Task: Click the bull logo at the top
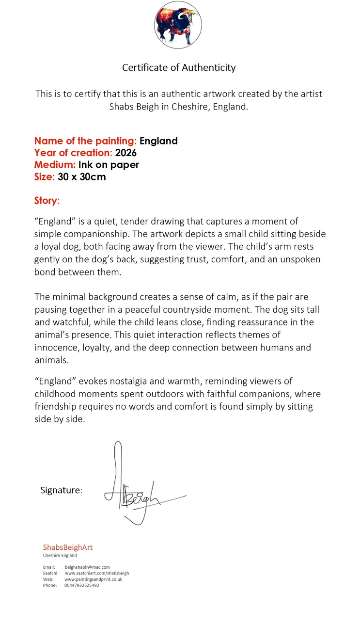tap(178, 25)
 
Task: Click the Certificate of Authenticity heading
tap(179, 67)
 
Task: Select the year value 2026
tap(126, 153)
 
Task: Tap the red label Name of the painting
tap(84, 141)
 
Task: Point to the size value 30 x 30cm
tap(81, 176)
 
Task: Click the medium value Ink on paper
tap(109, 165)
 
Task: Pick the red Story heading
tap(46, 200)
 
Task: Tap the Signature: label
tap(61, 490)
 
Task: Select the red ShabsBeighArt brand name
tap(67, 547)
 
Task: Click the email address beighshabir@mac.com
tap(87, 567)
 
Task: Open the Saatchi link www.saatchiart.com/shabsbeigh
tap(97, 573)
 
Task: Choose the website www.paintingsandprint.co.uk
tap(93, 579)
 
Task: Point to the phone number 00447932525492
tap(81, 585)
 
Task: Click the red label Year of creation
tap(72, 153)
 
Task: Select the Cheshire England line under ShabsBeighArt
tap(60, 556)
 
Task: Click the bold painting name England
tap(158, 141)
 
